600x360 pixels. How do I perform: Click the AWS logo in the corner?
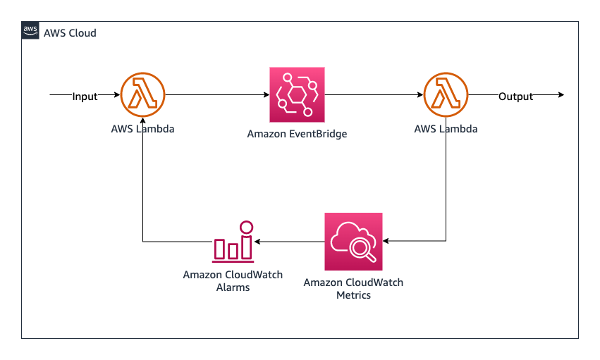tap(30, 30)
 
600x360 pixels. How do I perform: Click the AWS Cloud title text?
tap(70, 33)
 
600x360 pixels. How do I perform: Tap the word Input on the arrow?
tap(85, 97)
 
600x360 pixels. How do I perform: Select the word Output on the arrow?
tap(515, 97)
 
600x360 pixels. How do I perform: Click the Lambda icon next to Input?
tap(142, 95)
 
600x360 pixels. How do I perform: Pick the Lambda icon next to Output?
tap(446, 95)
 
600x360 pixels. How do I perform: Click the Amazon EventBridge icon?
tap(297, 95)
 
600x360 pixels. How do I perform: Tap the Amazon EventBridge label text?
tap(297, 134)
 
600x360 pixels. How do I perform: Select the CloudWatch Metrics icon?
tap(353, 242)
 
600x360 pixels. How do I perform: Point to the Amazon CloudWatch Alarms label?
tap(233, 281)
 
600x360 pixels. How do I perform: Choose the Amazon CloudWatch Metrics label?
tap(353, 289)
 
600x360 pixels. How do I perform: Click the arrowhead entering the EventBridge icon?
tap(267, 95)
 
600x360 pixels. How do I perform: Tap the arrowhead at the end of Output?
tap(561, 95)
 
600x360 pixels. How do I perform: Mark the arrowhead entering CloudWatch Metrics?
tap(386, 241)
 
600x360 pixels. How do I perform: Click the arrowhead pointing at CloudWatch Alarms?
tap(257, 242)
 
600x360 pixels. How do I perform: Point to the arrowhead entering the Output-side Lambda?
tap(420, 95)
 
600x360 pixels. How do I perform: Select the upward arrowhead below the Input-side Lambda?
tap(142, 120)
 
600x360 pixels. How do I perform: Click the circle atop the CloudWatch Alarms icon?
tap(247, 227)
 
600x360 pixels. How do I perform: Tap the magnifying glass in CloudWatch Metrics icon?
tap(362, 250)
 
